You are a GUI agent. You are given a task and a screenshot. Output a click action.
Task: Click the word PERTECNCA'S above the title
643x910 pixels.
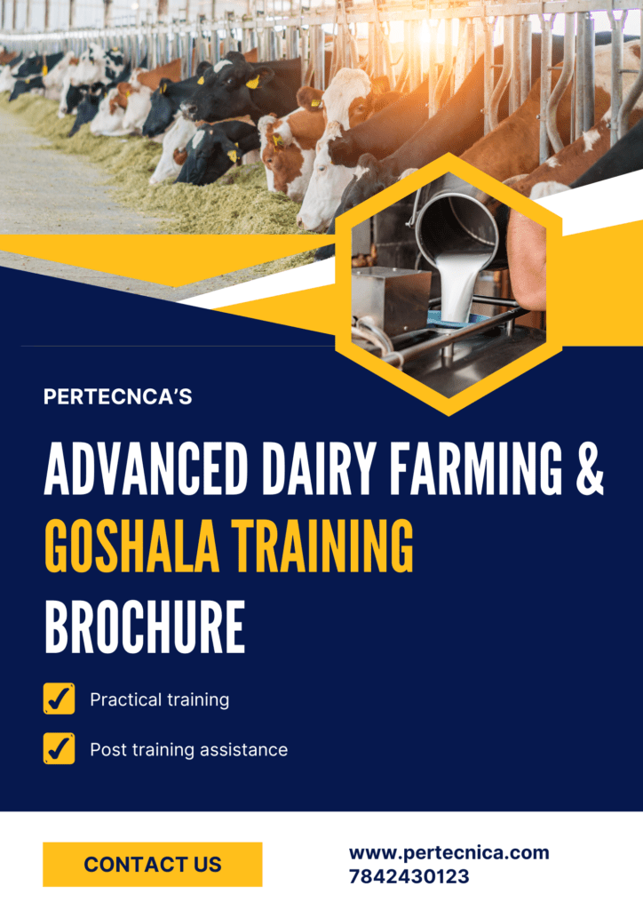[118, 396]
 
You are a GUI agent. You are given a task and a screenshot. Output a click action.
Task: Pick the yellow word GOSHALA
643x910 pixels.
[131, 547]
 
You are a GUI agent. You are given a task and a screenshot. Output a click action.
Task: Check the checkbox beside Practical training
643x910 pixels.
[60, 698]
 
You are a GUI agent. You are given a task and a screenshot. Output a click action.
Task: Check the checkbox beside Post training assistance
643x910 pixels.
[60, 748]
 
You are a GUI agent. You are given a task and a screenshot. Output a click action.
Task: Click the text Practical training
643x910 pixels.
[160, 700]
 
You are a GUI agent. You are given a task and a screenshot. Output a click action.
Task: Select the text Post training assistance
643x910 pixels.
[189, 750]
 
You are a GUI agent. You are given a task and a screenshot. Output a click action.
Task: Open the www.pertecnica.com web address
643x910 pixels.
[449, 852]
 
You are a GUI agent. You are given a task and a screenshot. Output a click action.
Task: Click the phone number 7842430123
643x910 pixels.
[409, 876]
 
